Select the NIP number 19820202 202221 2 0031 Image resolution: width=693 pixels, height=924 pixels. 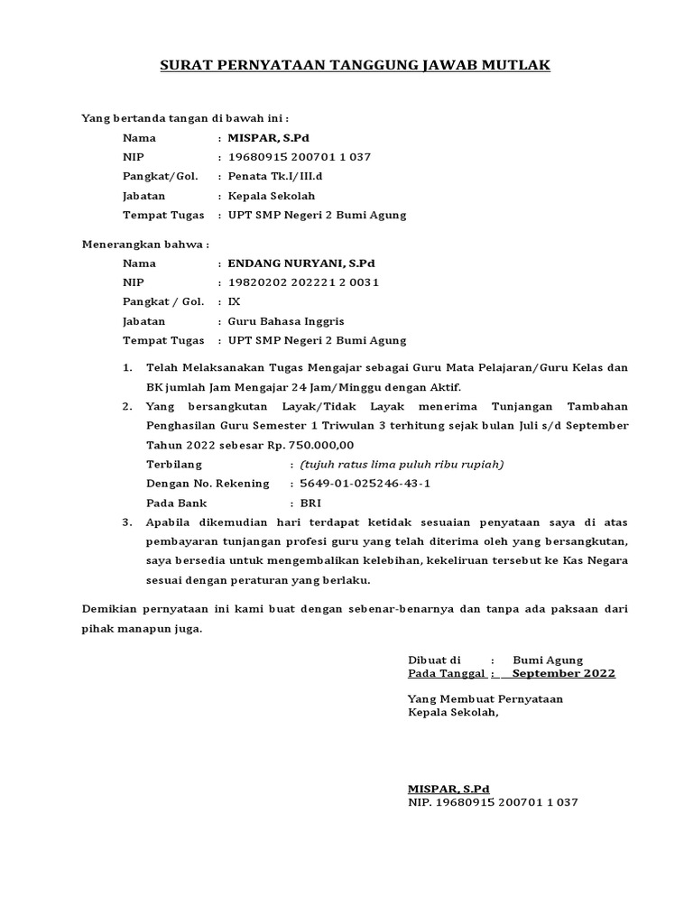tap(303, 282)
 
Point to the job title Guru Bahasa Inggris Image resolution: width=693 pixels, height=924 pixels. tap(286, 321)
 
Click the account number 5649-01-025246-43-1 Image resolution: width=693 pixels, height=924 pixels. tap(365, 484)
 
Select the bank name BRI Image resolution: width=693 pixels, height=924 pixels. tap(310, 503)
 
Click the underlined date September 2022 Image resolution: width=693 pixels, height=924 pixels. tap(563, 673)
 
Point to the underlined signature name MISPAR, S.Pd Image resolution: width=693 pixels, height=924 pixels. tap(448, 788)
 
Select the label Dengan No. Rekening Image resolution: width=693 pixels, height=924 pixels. tap(208, 484)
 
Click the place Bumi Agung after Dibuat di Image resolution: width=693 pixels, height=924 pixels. tap(548, 660)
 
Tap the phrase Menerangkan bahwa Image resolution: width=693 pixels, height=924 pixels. tap(145, 244)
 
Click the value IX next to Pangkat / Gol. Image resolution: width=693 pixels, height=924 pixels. tap(235, 301)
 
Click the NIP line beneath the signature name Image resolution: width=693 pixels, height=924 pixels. tap(493, 801)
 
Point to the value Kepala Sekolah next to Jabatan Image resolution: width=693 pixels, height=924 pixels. tap(272, 196)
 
